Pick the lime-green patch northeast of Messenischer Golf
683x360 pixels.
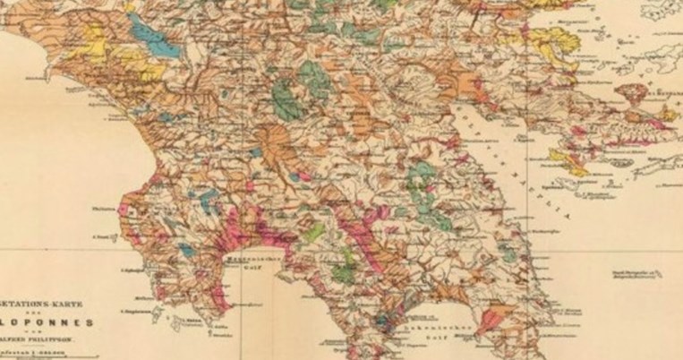click(313, 233)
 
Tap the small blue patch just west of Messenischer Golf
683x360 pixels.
click(185, 252)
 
